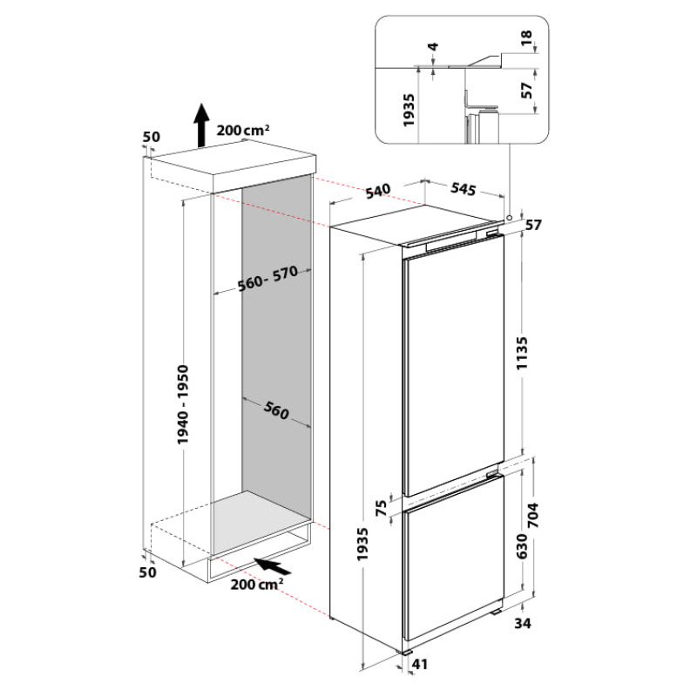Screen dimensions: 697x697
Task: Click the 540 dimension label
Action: click(x=378, y=192)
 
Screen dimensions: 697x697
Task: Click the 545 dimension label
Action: click(x=464, y=188)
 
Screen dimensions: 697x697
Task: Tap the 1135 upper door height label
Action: click(x=522, y=353)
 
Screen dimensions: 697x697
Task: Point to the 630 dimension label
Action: click(x=522, y=547)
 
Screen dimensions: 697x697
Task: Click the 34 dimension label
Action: click(x=523, y=623)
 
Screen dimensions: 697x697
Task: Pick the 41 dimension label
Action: click(x=420, y=664)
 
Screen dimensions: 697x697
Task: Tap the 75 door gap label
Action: click(x=382, y=507)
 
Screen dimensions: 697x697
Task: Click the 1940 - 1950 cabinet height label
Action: click(x=183, y=404)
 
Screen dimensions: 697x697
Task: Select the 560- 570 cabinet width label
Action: click(x=267, y=279)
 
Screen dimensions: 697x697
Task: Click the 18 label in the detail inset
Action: click(x=526, y=37)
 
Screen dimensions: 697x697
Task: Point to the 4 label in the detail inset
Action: click(x=433, y=46)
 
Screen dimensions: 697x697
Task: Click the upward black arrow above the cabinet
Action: click(x=201, y=125)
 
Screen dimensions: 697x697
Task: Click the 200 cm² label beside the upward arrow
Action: click(x=243, y=130)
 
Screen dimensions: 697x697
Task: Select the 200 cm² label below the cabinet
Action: click(x=256, y=584)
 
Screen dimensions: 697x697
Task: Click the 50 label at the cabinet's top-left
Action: click(x=151, y=137)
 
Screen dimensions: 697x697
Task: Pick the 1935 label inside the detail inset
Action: click(x=409, y=110)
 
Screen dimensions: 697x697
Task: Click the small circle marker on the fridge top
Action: click(x=510, y=217)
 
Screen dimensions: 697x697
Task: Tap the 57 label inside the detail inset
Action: click(x=526, y=91)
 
